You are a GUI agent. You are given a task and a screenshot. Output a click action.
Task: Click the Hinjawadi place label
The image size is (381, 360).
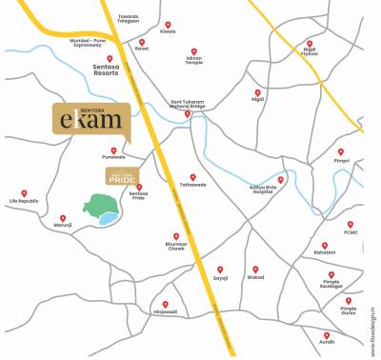click(165, 313)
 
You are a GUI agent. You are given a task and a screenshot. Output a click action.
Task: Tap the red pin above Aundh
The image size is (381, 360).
click(327, 335)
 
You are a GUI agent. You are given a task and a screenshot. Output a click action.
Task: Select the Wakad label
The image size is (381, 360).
click(254, 280)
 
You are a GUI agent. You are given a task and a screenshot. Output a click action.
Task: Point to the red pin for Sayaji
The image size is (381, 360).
click(220, 270)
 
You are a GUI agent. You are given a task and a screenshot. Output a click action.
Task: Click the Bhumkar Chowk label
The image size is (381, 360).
click(175, 249)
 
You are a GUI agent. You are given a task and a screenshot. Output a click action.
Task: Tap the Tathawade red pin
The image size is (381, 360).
click(192, 177)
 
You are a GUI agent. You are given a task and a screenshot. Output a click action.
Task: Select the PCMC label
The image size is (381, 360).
click(351, 230)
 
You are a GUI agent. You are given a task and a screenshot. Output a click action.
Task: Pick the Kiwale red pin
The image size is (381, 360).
click(168, 25)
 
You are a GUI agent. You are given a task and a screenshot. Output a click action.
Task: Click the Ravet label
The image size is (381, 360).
click(142, 50)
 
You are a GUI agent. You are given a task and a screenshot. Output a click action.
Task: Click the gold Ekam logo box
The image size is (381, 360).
click(90, 123)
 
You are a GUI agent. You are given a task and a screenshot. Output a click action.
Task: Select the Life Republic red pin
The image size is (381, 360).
click(24, 193)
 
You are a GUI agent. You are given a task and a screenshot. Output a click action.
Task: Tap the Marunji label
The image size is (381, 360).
click(64, 224)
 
